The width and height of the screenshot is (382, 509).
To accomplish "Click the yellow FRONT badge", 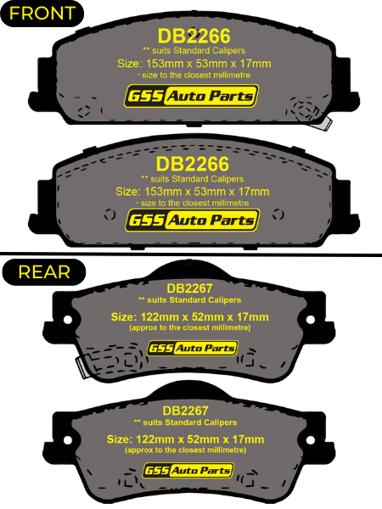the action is pyautogui.click(x=42, y=14).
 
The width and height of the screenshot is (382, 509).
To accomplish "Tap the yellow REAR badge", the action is pyautogui.click(x=44, y=272).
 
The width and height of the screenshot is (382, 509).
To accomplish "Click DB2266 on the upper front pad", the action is pyautogui.click(x=194, y=36).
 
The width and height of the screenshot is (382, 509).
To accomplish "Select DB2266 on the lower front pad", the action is pyautogui.click(x=193, y=164).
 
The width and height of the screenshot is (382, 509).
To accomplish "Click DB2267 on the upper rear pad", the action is pyautogui.click(x=189, y=288).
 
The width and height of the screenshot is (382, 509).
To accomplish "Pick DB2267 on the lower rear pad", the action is pyautogui.click(x=185, y=411).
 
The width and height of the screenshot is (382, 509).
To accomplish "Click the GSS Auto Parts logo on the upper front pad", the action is pyautogui.click(x=191, y=96).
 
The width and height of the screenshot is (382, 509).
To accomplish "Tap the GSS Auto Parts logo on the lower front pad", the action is pyautogui.click(x=193, y=221).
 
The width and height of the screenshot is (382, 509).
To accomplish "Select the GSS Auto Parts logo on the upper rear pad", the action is pyautogui.click(x=193, y=349).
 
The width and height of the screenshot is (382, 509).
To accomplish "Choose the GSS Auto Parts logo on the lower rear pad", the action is pyautogui.click(x=188, y=470).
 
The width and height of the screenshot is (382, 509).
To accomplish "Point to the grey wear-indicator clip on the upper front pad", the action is pyautogui.click(x=323, y=124).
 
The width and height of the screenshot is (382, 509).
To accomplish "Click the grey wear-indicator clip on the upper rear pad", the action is pyautogui.click(x=81, y=367).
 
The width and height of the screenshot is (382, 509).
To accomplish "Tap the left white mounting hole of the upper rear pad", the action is pyautogui.click(x=68, y=320).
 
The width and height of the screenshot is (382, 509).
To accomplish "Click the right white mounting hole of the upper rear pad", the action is pyautogui.click(x=311, y=320).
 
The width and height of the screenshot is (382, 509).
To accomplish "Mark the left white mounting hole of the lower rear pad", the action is pyautogui.click(x=68, y=440).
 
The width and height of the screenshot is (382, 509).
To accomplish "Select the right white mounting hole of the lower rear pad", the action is pyautogui.click(x=311, y=440).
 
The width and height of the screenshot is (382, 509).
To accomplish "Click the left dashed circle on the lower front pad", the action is pyautogui.click(x=110, y=215).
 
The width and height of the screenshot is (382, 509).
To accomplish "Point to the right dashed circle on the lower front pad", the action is pyautogui.click(x=278, y=215).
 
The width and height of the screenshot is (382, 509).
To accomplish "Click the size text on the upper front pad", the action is pyautogui.click(x=194, y=64).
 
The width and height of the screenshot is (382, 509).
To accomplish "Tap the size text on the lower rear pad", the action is pyautogui.click(x=185, y=439).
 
